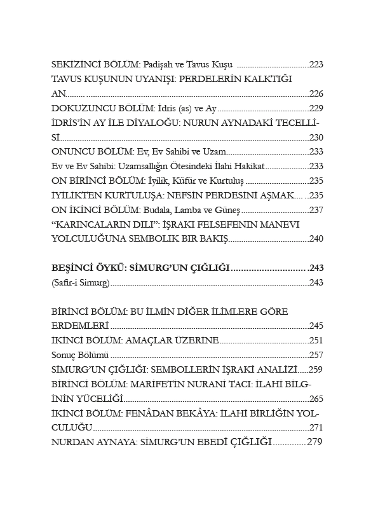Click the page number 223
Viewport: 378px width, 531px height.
(x=316, y=64)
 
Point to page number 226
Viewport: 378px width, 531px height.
(x=316, y=93)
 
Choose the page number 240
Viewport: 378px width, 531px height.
(x=316, y=239)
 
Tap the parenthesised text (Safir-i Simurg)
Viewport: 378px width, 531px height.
(x=80, y=282)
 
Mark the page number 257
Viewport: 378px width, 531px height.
(x=316, y=355)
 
